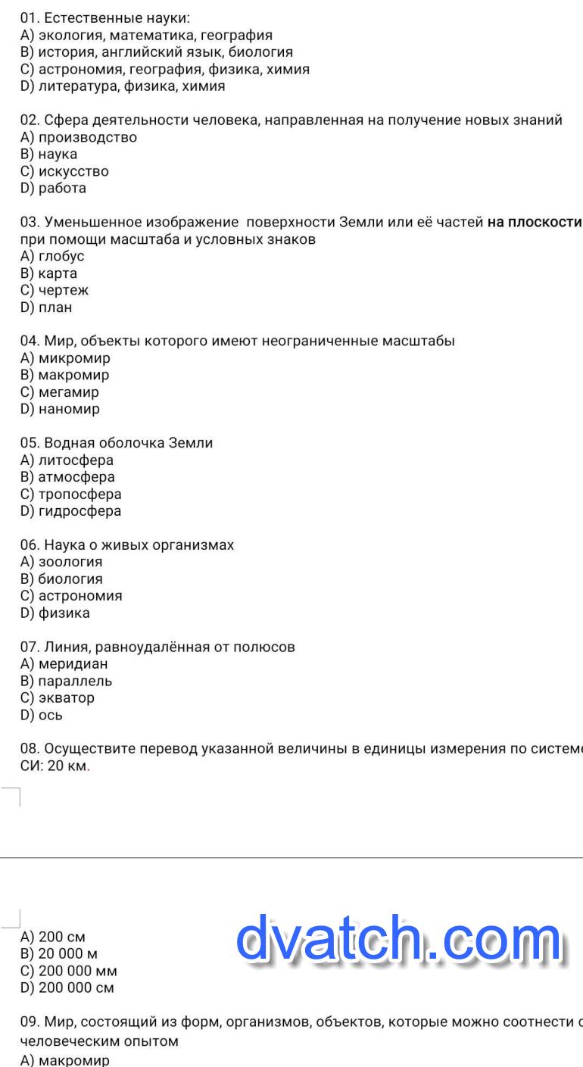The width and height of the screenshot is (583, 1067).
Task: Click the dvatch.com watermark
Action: (x=399, y=940)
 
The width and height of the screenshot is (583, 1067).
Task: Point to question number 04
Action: (x=29, y=341)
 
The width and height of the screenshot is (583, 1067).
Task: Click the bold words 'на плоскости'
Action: (x=534, y=223)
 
